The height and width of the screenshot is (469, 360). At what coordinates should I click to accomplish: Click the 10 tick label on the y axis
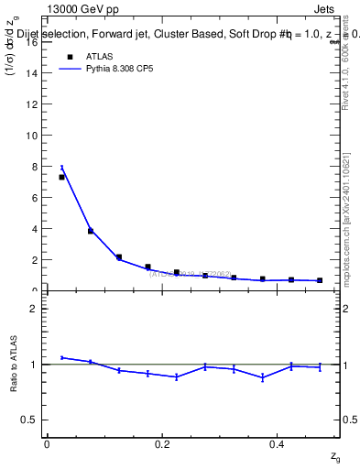(x=31, y=136)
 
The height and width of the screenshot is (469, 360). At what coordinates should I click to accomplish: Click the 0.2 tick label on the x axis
(x=161, y=444)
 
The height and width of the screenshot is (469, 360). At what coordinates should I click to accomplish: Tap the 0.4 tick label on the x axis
(x=277, y=444)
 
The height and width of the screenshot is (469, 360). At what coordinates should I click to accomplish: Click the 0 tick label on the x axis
(x=47, y=444)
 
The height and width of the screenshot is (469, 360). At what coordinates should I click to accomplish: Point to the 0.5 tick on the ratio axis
(x=29, y=420)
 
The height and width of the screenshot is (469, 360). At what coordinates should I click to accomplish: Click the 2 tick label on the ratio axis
(x=34, y=309)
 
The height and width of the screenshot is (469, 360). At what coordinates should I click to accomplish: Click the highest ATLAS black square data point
(x=61, y=177)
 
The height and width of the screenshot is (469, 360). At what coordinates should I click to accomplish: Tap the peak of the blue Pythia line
(x=61, y=167)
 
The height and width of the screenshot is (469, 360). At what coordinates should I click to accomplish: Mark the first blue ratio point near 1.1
(x=61, y=357)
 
